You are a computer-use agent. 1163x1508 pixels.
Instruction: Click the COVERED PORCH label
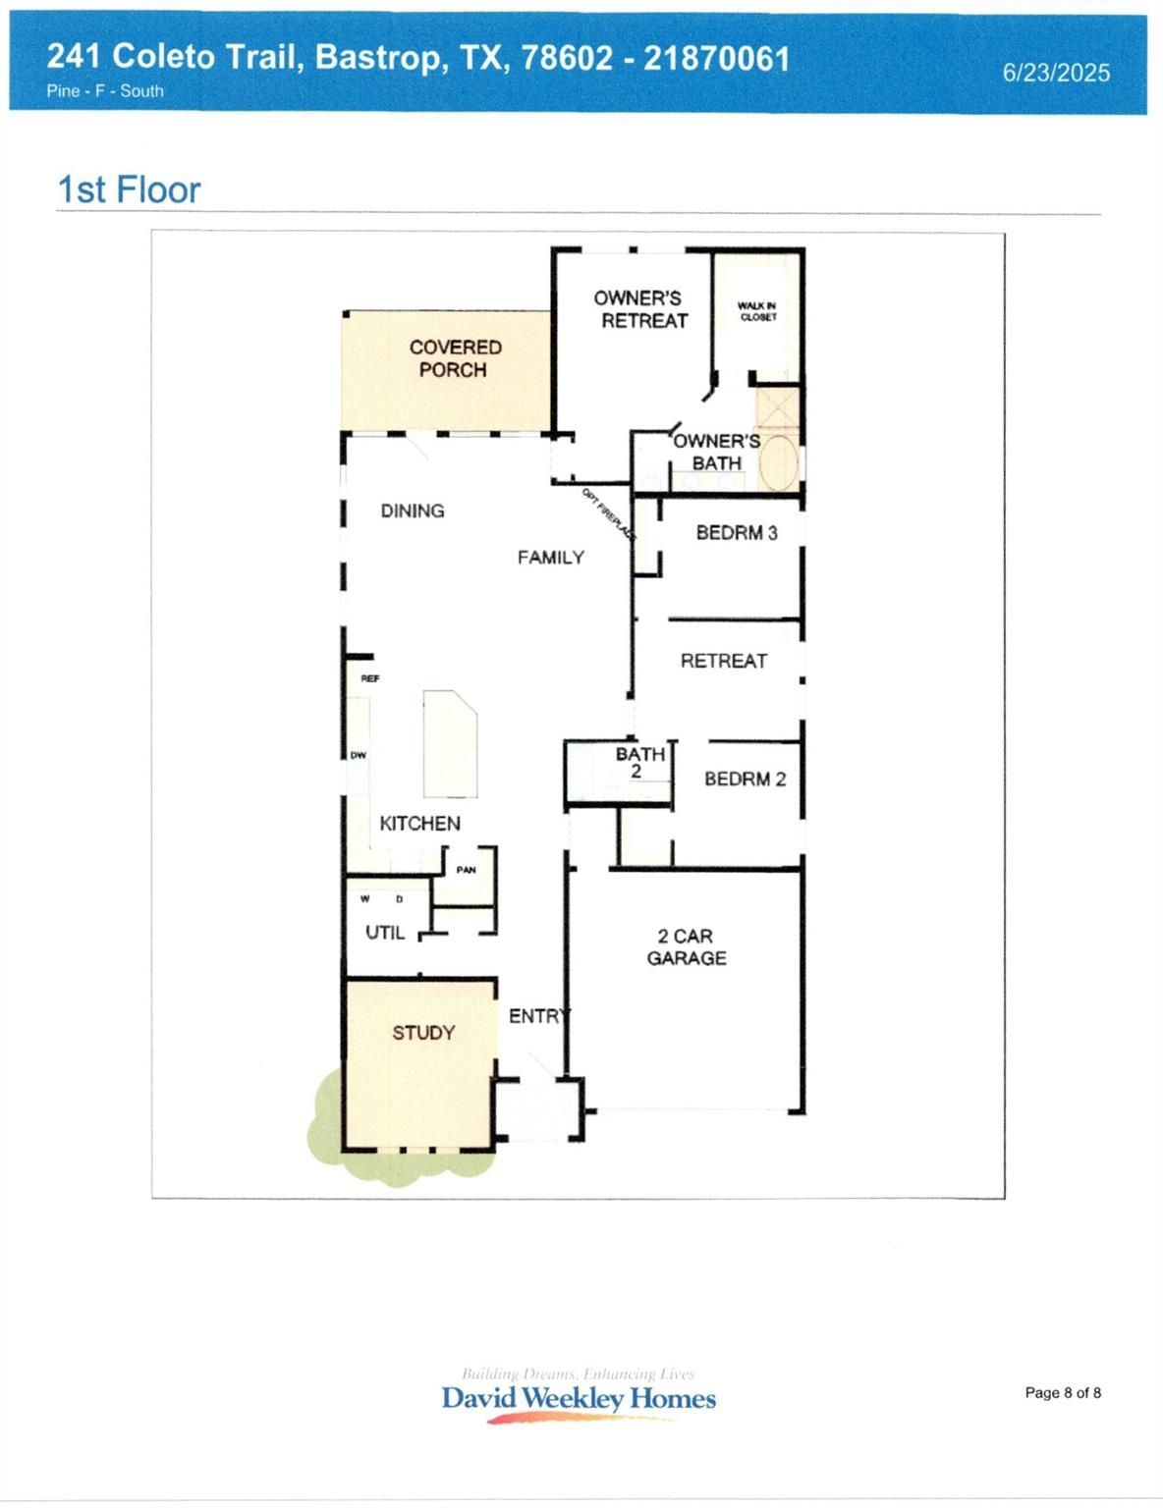454,358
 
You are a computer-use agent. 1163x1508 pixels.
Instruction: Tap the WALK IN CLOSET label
757,311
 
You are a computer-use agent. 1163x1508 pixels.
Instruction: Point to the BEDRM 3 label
736,532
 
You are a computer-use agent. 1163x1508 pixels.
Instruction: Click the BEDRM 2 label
745,779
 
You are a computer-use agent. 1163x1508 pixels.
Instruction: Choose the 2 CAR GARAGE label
686,947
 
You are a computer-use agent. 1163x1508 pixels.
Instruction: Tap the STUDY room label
423,1033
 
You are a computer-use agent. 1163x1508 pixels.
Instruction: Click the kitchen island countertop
449,743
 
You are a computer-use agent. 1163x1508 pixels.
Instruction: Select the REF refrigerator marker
369,678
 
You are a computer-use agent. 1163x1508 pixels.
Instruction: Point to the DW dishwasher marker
358,755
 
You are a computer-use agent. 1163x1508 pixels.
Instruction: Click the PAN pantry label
466,870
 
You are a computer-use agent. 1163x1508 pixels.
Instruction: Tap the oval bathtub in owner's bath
781,462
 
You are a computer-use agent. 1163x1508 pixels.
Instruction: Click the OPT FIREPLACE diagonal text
608,513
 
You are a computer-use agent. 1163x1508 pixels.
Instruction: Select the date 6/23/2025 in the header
1056,73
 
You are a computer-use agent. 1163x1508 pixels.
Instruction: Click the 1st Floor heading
129,189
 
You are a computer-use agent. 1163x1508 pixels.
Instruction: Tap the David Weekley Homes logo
579,1397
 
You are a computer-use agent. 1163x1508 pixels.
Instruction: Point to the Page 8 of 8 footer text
1063,1392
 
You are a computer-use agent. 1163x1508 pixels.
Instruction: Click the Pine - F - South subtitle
105,91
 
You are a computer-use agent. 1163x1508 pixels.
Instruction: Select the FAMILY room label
550,558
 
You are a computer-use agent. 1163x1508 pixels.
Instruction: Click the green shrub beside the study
325,1114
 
